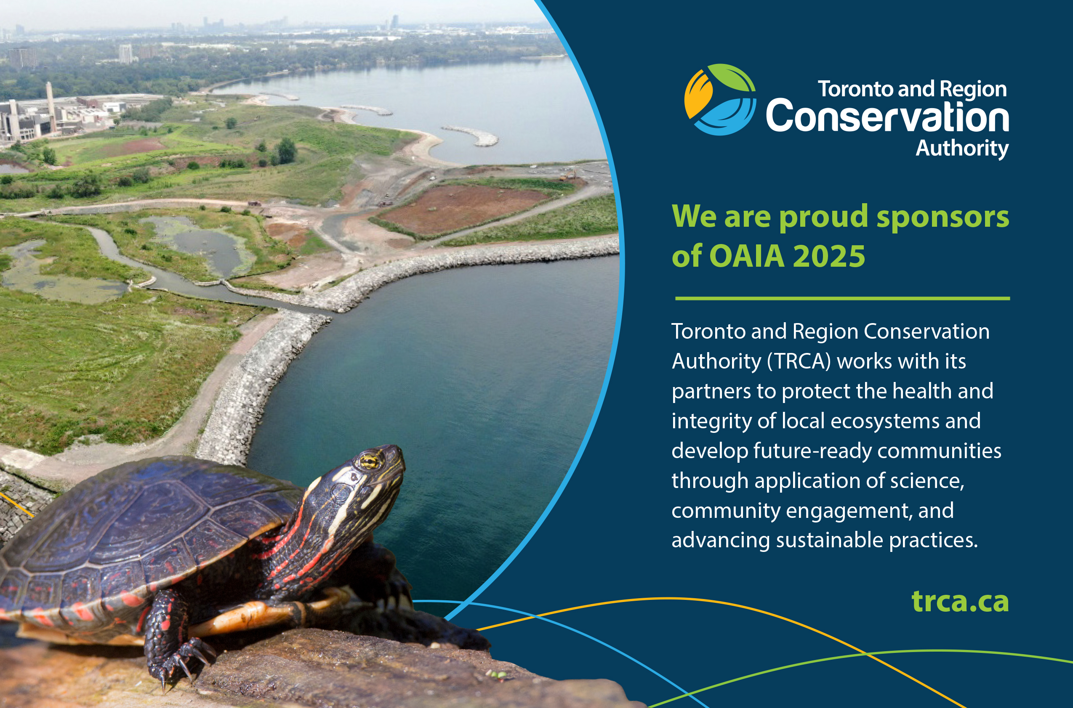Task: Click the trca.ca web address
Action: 960,601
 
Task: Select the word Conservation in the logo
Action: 887,116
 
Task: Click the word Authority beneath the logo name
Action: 962,148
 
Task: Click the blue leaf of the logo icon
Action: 725,117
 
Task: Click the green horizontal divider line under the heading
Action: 843,298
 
